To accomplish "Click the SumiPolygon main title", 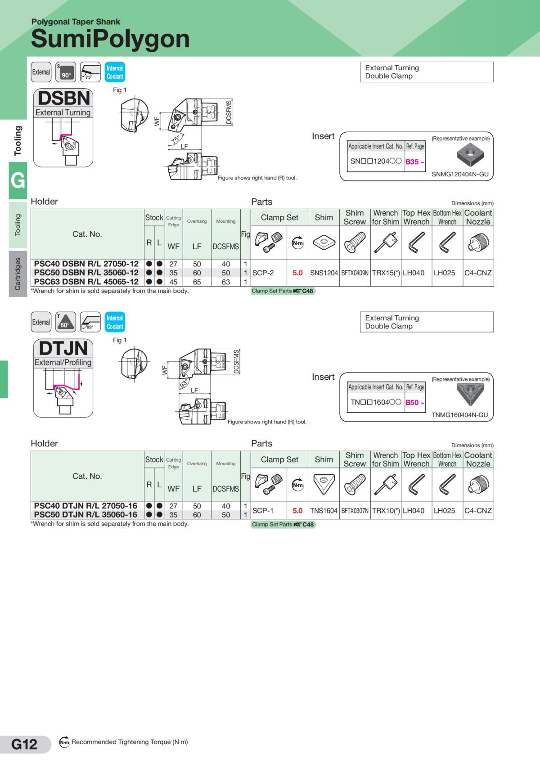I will click(x=110, y=39).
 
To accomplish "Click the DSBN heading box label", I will click(x=63, y=99).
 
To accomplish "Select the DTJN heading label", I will click(x=63, y=348).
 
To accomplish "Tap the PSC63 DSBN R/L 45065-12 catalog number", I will click(x=86, y=282).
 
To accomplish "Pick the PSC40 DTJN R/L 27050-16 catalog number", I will click(x=85, y=506).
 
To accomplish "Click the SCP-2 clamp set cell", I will click(x=263, y=273).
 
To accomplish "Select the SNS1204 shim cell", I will click(x=324, y=273).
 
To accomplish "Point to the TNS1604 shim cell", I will click(x=324, y=511).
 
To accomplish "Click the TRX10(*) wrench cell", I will click(x=386, y=511).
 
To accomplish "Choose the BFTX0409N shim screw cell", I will click(x=355, y=273).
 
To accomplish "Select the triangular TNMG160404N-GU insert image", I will click(x=470, y=394).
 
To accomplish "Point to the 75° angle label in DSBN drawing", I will click(x=175, y=139).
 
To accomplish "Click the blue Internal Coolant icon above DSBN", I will click(x=115, y=72).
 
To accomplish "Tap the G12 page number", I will click(x=24, y=744).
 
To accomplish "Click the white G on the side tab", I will click(x=18, y=180).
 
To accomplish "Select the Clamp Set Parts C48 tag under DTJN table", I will click(x=283, y=524).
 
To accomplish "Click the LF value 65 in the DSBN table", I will click(x=197, y=282).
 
